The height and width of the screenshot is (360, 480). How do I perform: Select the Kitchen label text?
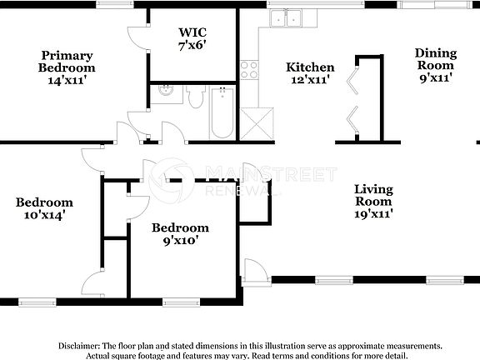[x=310, y=73]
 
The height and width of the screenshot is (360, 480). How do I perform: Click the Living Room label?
[x=372, y=201]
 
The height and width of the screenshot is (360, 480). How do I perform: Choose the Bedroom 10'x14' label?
[x=44, y=208]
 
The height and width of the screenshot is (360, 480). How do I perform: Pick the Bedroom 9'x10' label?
[x=179, y=234]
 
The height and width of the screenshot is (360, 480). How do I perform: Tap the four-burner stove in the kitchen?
[x=248, y=70]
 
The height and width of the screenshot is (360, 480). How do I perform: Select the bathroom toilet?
[x=197, y=98]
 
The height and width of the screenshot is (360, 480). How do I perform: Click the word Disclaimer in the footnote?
[x=78, y=345]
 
